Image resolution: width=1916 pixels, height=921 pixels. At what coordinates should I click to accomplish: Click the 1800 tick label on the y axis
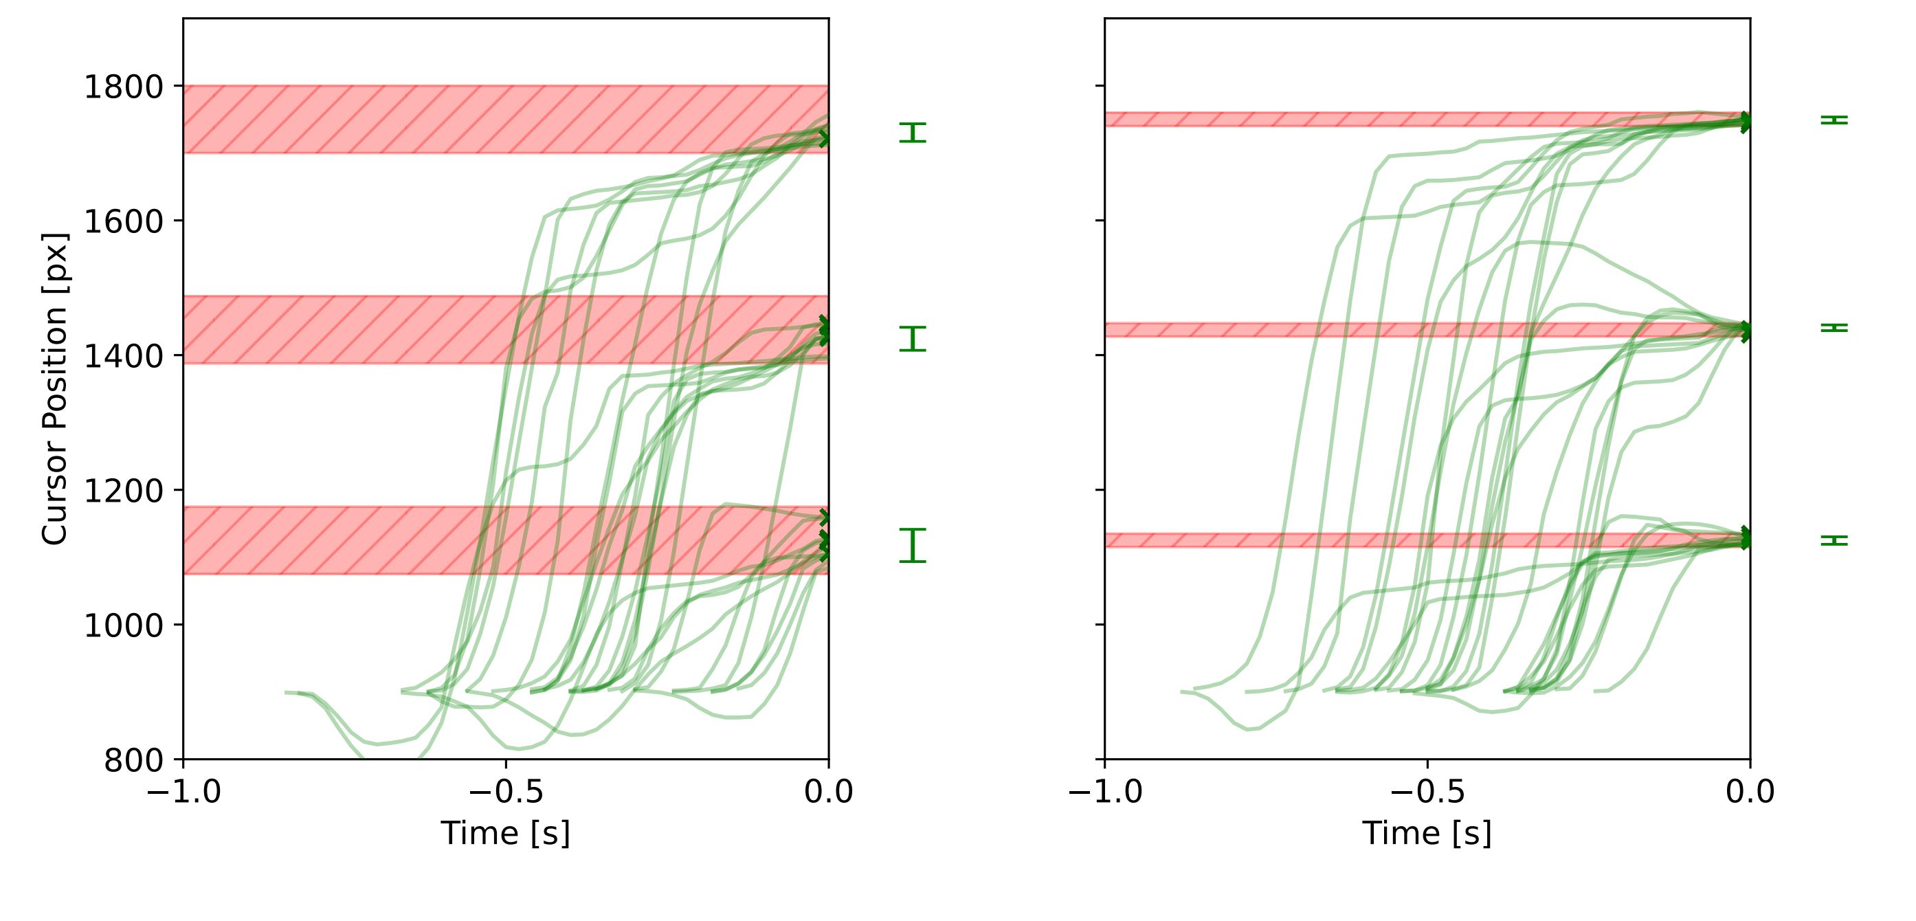click(123, 87)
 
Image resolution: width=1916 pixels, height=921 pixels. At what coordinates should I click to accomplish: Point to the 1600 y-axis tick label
click(123, 222)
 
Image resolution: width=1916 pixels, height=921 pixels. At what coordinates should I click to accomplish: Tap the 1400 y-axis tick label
click(123, 356)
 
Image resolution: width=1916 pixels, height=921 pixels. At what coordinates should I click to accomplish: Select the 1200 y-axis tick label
click(123, 491)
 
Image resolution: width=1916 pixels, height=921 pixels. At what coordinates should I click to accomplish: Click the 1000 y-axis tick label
click(123, 625)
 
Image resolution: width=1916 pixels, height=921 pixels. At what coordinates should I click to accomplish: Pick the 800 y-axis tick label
click(133, 760)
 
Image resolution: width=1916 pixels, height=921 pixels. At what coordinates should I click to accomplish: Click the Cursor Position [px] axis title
click(55, 389)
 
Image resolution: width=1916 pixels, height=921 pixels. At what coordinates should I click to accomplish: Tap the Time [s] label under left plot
click(505, 833)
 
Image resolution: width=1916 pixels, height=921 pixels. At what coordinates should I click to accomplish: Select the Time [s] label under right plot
click(1427, 833)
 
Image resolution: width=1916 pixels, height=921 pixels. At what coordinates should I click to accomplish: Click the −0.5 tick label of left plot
click(505, 792)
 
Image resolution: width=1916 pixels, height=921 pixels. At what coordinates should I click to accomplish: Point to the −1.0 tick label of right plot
click(1104, 792)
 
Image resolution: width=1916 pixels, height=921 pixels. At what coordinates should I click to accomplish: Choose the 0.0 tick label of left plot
click(828, 792)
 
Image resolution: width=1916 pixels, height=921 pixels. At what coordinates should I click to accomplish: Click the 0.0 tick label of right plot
click(1750, 792)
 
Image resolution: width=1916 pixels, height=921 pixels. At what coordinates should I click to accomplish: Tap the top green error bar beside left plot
click(913, 133)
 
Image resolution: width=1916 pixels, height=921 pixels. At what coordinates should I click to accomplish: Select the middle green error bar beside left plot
click(913, 338)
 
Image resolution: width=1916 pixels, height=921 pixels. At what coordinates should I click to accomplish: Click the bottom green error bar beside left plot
click(913, 545)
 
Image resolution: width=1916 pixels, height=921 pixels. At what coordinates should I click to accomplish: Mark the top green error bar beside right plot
click(1834, 120)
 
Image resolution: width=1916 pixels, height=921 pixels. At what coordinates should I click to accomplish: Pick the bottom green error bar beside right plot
click(1834, 540)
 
